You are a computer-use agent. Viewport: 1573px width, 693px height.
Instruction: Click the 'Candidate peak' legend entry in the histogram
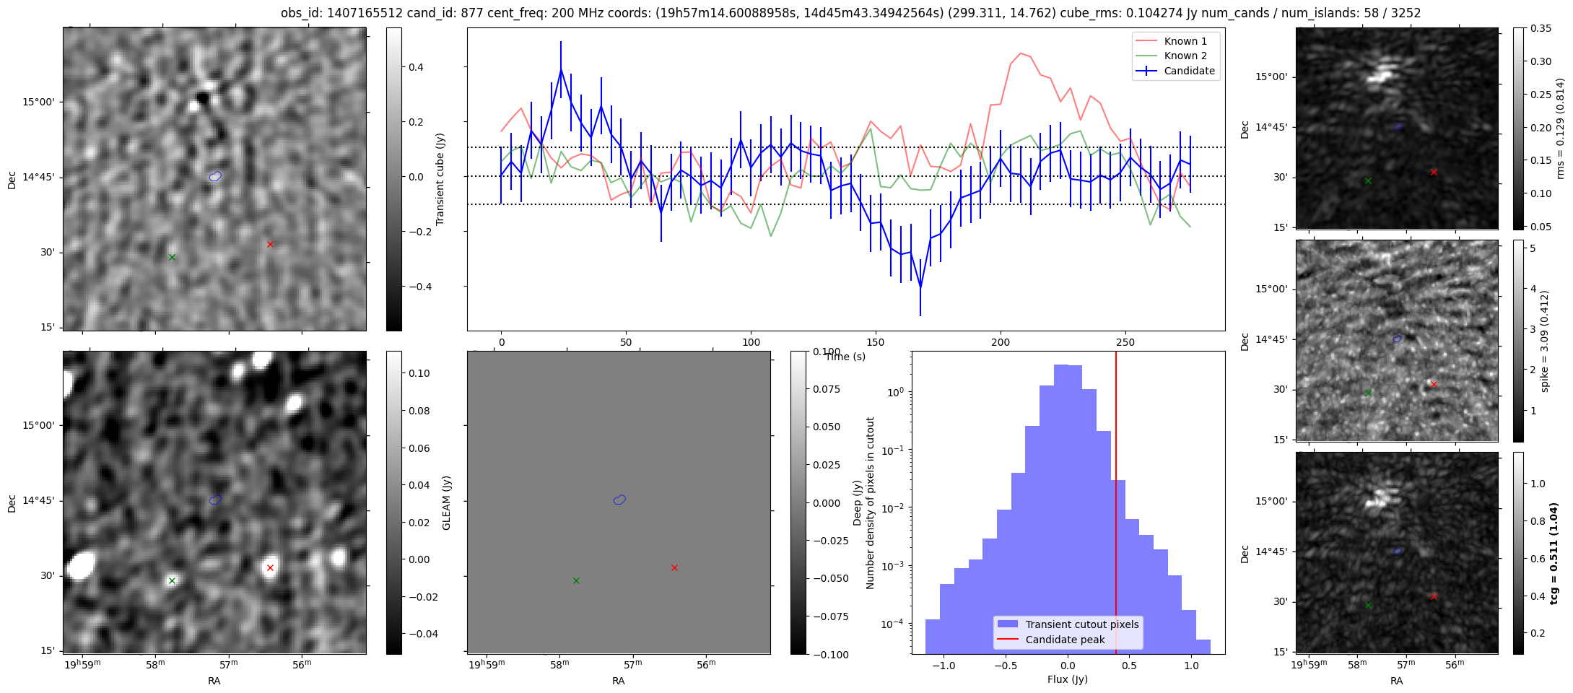tap(1065, 640)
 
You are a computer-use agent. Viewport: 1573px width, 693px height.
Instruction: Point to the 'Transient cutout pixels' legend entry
tap(1081, 624)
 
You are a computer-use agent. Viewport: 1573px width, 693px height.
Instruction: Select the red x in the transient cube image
tap(270, 244)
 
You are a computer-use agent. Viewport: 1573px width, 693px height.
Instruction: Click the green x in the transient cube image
tap(172, 257)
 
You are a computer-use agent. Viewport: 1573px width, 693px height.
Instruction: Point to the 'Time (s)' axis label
tap(845, 357)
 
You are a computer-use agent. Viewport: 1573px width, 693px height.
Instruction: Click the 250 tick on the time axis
tap(1125, 342)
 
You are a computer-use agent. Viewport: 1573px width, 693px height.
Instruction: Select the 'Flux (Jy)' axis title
tap(1067, 679)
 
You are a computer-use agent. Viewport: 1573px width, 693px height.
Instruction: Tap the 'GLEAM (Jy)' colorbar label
tap(446, 503)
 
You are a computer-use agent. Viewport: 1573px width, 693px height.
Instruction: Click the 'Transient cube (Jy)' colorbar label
tap(440, 179)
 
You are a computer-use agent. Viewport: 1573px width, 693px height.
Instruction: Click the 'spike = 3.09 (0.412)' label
tap(1545, 341)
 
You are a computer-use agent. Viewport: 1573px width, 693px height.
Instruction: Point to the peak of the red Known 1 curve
tap(1020, 53)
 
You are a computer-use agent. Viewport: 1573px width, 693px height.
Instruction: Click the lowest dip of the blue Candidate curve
tap(920, 288)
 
